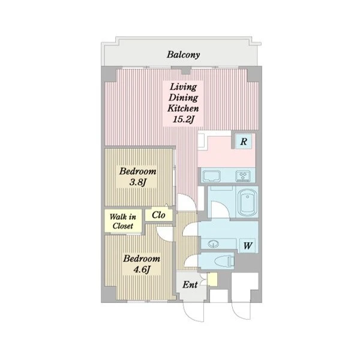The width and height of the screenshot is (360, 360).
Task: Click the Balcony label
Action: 183,55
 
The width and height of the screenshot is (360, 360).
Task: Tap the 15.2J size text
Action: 183,119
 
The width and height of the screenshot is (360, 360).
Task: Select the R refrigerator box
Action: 244,141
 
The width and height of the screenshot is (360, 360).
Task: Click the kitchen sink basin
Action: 211,176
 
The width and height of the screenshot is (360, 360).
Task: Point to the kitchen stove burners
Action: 243,176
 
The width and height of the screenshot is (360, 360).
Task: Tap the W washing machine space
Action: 248,245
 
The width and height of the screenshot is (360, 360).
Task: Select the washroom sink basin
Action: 213,244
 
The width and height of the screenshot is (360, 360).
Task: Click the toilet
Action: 224,261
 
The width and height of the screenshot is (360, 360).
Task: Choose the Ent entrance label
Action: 190,285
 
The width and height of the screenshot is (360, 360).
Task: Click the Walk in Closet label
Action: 123,221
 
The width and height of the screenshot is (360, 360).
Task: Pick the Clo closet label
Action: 158,215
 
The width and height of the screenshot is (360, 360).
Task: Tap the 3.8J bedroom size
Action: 138,182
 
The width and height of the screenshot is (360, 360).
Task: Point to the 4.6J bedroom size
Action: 142,269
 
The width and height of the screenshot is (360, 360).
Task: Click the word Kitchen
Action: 183,109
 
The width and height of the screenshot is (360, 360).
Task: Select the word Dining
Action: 183,98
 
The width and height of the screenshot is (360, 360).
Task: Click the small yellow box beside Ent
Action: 212,280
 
